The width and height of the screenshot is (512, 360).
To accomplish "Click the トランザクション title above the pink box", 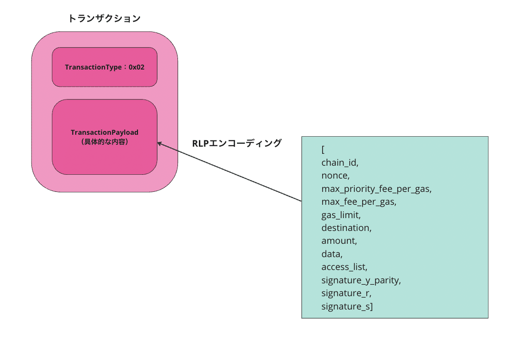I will pos(104,19).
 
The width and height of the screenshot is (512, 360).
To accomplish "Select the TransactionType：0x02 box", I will pos(105,67).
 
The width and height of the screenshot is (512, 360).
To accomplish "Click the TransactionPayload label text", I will pos(105,132).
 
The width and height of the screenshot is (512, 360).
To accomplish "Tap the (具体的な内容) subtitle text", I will pos(105,141).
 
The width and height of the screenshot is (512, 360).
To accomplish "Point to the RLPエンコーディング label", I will pos(236,143).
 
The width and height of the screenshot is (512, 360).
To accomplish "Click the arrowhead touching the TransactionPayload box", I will pos(159,143).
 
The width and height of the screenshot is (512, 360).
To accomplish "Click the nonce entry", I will pos(335,176).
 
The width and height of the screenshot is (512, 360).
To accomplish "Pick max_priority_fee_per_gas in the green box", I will pos(376,189).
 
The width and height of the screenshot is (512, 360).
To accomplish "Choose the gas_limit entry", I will pos(341,215).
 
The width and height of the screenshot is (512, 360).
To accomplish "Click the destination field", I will pos(346,228).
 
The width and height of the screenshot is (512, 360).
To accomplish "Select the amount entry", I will pos(339,241).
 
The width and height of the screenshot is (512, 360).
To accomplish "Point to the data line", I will pos(332,254).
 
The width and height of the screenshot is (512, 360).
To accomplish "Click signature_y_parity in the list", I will pos(361,280).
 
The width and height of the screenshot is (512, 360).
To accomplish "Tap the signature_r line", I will pos(346,293).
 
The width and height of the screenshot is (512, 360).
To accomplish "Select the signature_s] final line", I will pos(347,306).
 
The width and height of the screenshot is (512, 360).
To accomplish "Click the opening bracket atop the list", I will pos(323,150).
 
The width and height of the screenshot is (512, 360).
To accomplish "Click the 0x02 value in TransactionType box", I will pos(137,67).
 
